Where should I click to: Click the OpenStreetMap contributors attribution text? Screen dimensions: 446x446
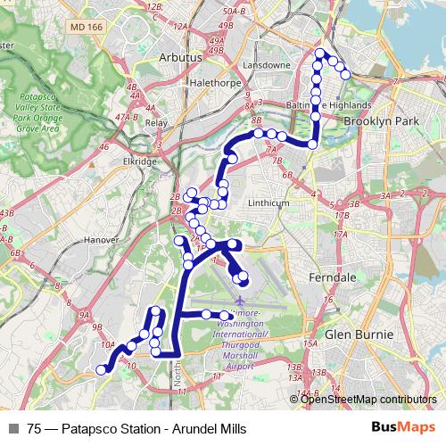tap(368, 400)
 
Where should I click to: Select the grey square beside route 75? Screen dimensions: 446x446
tap(13, 427)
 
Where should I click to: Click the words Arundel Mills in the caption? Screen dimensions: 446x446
tap(189, 427)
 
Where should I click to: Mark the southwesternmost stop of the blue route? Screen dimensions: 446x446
tap(102, 369)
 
